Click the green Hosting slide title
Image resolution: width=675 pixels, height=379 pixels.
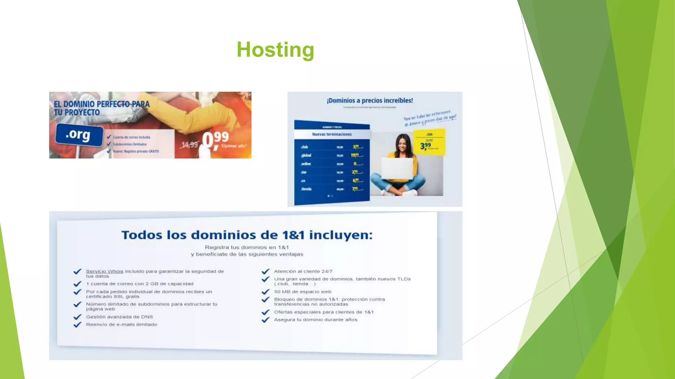tap(275, 50)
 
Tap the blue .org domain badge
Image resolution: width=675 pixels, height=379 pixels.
tap(78, 135)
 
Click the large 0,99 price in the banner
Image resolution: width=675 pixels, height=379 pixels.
tap(215, 140)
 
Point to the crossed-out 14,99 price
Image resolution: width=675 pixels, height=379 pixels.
tap(190, 144)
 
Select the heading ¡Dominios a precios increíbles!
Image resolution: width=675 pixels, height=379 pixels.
tap(370, 101)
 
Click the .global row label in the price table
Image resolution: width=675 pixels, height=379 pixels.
tap(306, 155)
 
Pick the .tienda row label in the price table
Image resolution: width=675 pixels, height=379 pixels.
tap(306, 189)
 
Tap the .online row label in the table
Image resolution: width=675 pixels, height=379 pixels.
tap(306, 164)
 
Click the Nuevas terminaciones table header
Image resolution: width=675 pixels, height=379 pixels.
tap(332, 134)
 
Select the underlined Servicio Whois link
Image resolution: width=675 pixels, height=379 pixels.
tap(104, 271)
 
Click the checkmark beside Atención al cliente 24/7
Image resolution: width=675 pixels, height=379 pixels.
tap(265, 271)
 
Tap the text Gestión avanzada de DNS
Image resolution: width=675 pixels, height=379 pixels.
tap(119, 317)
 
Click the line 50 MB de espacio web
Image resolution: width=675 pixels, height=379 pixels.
tap(303, 292)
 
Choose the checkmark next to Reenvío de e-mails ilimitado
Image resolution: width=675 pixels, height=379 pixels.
tap(77, 325)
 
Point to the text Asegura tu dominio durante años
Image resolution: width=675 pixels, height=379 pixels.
tap(315, 320)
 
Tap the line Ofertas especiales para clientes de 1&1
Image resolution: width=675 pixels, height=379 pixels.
tap(324, 312)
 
